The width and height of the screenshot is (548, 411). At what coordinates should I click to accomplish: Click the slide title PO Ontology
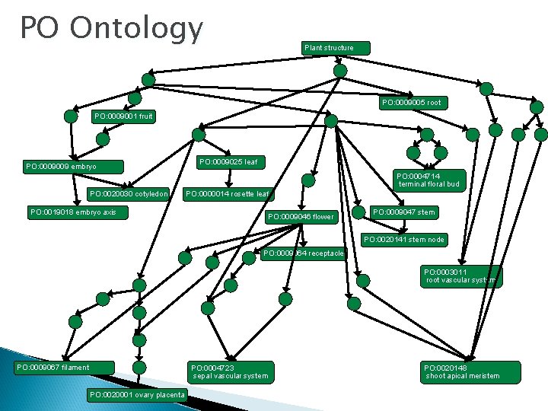pos(111,29)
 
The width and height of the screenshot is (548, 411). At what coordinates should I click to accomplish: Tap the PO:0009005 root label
pos(412,102)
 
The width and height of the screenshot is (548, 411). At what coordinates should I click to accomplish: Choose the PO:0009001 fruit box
pos(123,116)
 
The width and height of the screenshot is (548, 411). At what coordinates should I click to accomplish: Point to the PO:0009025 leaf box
pos(229,162)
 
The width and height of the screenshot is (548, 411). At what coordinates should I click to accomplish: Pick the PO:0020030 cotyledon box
pos(126,193)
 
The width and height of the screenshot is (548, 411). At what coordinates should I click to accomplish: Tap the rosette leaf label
pos(227,194)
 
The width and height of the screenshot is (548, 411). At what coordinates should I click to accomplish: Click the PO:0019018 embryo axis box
pos(77,212)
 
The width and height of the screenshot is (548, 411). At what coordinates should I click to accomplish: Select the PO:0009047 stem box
pos(404,212)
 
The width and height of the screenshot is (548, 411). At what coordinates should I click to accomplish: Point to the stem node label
pos(404,240)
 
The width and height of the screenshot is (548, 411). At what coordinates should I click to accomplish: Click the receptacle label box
pos(304,253)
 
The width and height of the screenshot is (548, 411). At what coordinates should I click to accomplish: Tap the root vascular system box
pos(461,276)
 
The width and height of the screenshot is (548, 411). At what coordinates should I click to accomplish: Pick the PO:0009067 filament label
pos(63,368)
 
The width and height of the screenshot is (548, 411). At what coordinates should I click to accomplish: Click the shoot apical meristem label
pos(462,371)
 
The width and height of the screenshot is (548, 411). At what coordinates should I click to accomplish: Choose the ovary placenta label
pos(137,394)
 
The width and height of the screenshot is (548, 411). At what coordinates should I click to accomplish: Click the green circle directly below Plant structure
pos(341,71)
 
